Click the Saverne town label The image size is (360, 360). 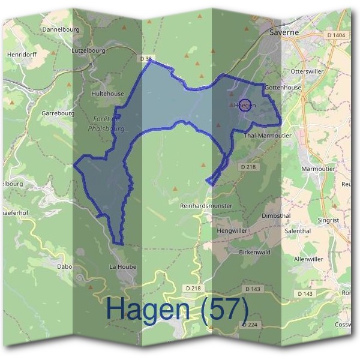284,32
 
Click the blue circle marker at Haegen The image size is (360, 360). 244,105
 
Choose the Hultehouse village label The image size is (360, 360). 107,94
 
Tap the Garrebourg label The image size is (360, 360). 58,113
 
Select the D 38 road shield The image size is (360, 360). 146,58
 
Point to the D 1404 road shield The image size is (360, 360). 337,36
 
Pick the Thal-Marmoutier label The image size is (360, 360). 268,136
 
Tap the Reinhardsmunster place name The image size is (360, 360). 206,206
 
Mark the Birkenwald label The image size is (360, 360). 254,252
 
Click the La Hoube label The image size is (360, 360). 123,266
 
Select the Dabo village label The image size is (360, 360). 64,266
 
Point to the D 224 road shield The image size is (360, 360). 248,324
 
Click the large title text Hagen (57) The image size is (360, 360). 177,309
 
